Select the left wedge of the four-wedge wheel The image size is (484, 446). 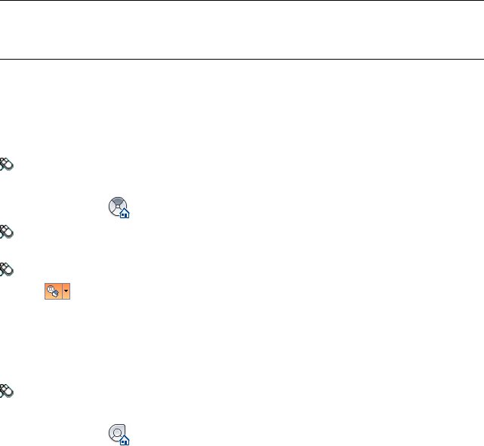coord(112,206)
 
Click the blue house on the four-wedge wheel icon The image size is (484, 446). coord(125,214)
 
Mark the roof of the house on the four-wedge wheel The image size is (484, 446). coord(125,211)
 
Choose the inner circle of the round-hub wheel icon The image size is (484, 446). coord(117,432)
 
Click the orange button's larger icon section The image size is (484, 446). coord(52,291)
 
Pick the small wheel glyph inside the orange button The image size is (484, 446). coord(50,288)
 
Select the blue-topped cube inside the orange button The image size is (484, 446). coord(55,294)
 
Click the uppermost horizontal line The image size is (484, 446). coord(242,1)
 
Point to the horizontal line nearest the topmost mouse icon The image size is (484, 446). coord(242,59)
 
